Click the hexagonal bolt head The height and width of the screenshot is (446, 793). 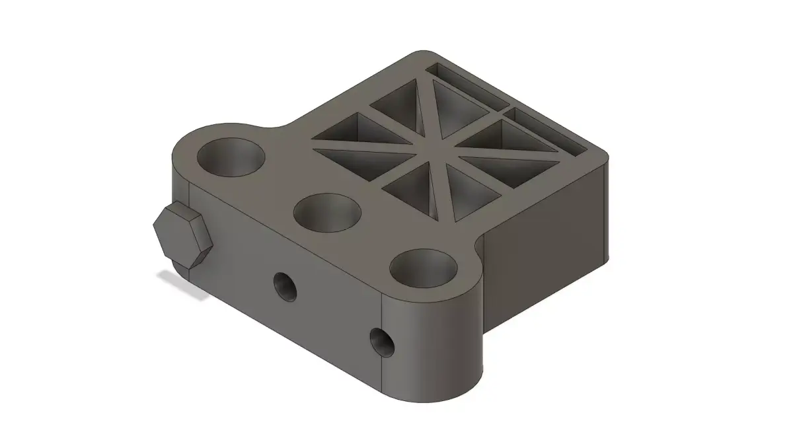coord(183,235)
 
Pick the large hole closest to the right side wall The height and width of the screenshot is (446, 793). coord(424,268)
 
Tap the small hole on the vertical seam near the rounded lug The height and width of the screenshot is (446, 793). coord(381,341)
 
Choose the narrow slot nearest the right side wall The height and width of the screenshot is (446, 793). coord(548,132)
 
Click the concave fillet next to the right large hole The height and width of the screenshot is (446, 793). coord(477,249)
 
